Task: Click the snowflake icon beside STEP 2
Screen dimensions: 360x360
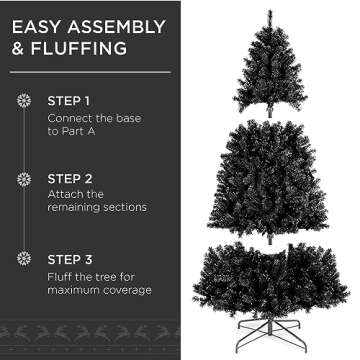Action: pyautogui.click(x=23, y=179)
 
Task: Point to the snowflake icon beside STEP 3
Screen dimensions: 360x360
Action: pyautogui.click(x=23, y=255)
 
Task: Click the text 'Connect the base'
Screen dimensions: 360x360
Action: pyautogui.click(x=93, y=121)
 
